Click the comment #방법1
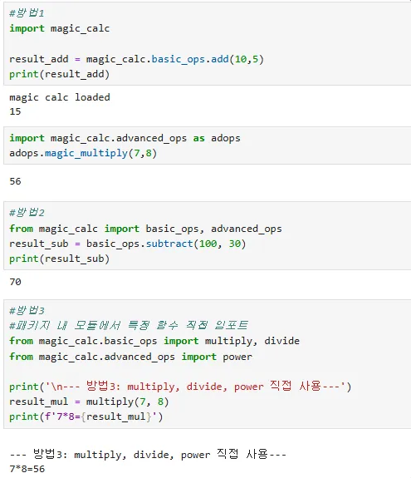[27, 13]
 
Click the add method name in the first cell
[220, 59]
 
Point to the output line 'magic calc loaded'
[60, 97]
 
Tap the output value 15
[15, 111]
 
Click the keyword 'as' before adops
[198, 138]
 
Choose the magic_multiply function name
[86, 153]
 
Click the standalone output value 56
[15, 181]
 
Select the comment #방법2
[27, 213]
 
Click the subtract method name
[169, 244]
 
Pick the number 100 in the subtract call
[208, 244]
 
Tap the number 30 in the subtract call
[235, 244]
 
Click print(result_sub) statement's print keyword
[24, 259]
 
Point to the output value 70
[15, 282]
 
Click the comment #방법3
[27, 311]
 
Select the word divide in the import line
[282, 341]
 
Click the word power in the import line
[237, 357]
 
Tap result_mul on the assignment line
[39, 402]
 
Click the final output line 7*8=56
[27, 469]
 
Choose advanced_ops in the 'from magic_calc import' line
[247, 229]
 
